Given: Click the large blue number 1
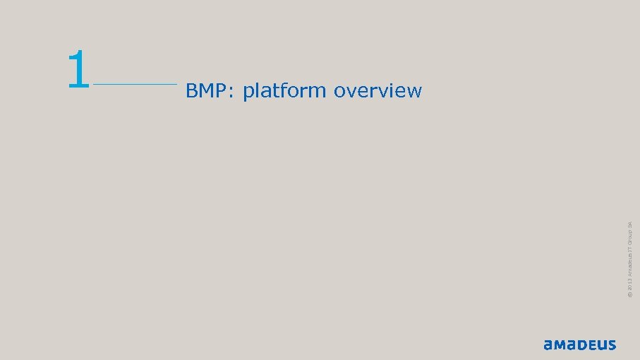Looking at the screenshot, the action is click(78, 69).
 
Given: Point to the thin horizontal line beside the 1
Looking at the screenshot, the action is click(135, 85).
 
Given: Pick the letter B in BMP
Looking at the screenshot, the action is click(191, 91).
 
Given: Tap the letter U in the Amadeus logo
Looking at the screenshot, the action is click(600, 345).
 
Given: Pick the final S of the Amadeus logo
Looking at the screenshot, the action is click(610, 345).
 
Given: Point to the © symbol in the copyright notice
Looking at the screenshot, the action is click(630, 296).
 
